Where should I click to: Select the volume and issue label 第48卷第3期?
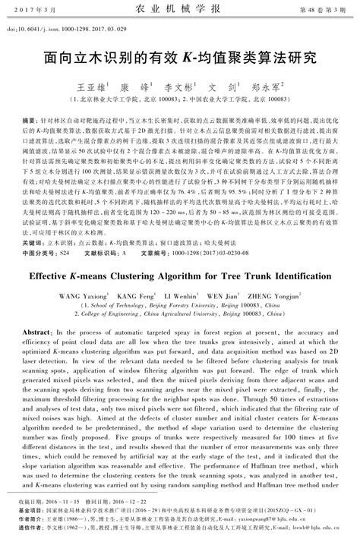(x=312, y=10)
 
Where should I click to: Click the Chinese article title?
(x=179, y=58)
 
